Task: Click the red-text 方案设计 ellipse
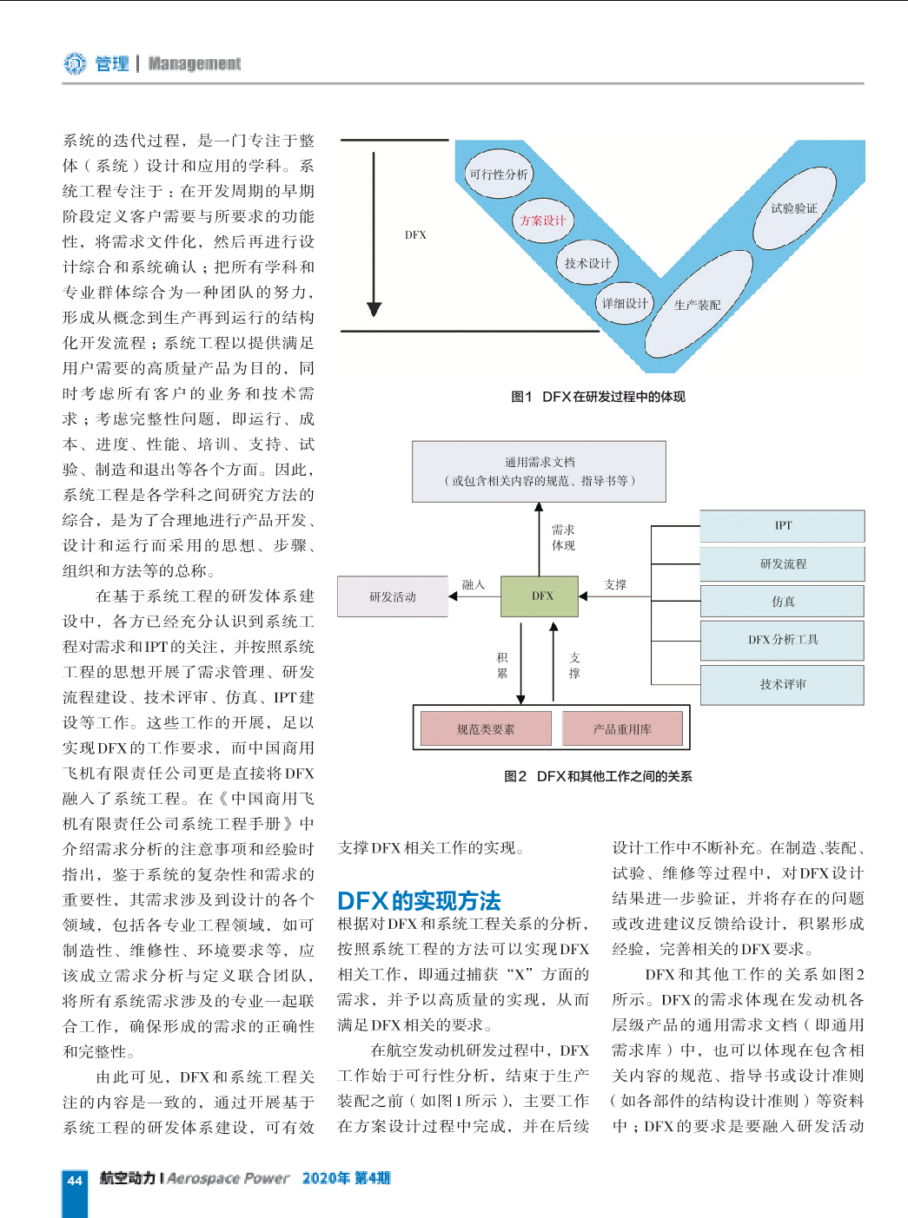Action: [542, 221]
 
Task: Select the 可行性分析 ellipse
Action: [499, 174]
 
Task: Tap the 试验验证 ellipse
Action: [794, 207]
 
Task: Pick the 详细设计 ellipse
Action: [625, 303]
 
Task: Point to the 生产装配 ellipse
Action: [698, 305]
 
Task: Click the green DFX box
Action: [540, 596]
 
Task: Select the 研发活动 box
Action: [393, 596]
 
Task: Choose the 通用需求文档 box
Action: [539, 471]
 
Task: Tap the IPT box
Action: [782, 525]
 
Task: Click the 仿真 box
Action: [782, 602]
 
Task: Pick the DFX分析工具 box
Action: [782, 640]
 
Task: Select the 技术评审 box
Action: [782, 685]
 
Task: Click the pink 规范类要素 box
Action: [486, 728]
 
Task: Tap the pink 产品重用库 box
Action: [622, 728]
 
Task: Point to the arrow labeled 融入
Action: [475, 596]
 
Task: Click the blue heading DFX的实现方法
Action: [419, 900]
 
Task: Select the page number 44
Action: [75, 1180]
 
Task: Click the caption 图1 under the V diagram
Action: [521, 397]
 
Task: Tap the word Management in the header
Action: [195, 63]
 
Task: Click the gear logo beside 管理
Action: [75, 63]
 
